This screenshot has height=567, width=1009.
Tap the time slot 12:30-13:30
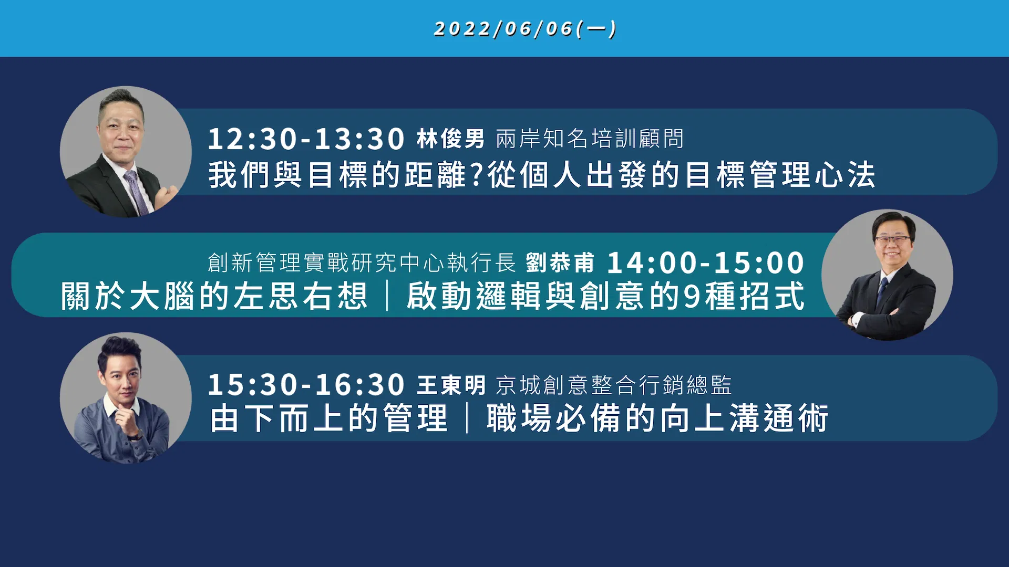point(306,139)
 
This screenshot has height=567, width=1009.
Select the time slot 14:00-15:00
point(706,262)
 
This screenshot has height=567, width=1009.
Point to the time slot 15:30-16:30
point(306,385)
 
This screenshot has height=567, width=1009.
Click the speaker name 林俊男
point(450,139)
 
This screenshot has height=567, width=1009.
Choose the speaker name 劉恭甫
point(560,262)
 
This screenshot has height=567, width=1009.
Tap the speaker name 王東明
point(451,385)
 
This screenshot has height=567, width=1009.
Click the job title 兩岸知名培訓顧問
point(590,139)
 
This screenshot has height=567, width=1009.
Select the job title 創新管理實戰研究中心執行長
point(362,262)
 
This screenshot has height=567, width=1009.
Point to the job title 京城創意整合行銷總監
point(614,385)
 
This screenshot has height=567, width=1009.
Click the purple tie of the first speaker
point(136,192)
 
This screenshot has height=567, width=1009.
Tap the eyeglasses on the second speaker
point(893,240)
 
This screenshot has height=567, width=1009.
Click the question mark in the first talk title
point(477,175)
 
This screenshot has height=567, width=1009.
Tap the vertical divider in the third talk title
point(467,418)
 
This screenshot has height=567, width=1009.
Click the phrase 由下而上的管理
point(329,418)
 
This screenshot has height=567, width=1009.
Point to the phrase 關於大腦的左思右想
point(214,296)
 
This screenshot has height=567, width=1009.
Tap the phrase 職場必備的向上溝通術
point(657,418)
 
